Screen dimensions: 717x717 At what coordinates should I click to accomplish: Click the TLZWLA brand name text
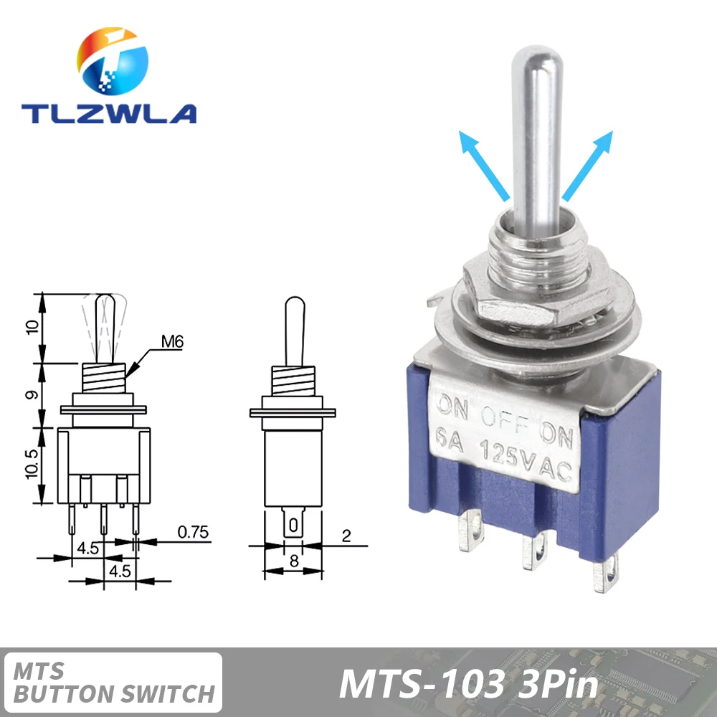click(108, 113)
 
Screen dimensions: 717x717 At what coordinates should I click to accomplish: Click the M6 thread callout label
click(172, 342)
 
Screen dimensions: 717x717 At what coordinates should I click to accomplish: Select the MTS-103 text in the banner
click(422, 684)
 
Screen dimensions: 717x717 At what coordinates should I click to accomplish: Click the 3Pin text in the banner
click(557, 684)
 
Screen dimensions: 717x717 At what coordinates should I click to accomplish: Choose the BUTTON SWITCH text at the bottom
click(115, 693)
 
